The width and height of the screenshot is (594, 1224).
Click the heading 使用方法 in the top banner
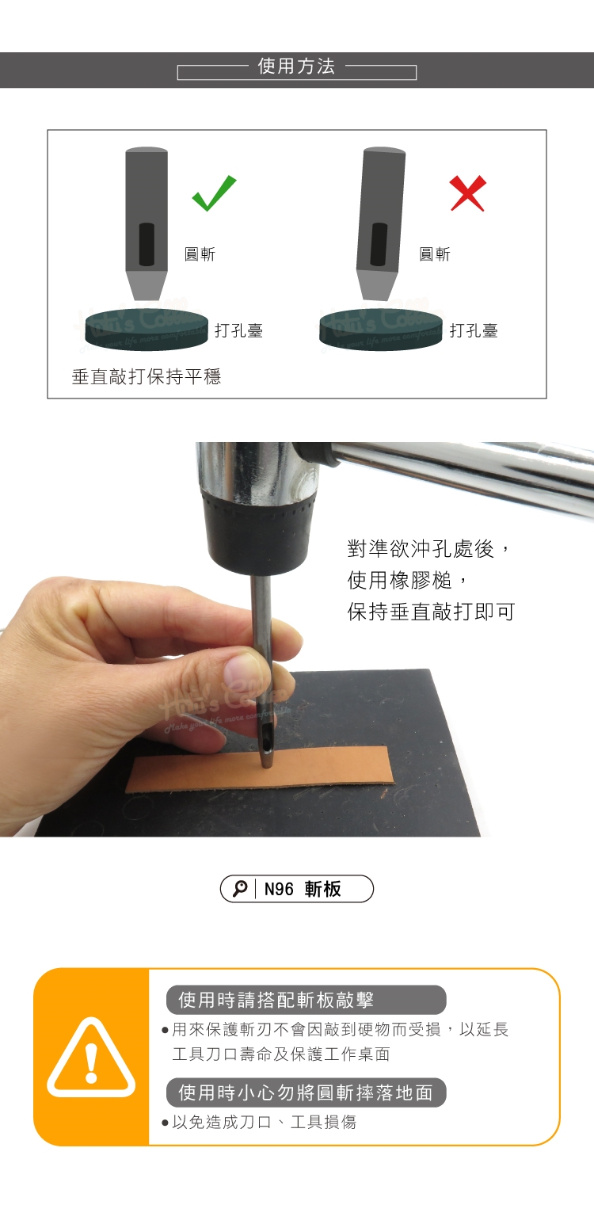coord(296,66)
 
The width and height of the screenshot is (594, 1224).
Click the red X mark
coord(468,193)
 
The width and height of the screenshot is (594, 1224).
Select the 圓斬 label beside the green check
coord(200,254)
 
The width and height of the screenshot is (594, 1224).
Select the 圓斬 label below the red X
coord(435,254)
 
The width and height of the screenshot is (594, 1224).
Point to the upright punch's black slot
coord(146,244)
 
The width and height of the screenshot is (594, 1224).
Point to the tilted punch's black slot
coord(379,244)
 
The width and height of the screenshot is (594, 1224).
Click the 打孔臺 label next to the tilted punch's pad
coord(474,330)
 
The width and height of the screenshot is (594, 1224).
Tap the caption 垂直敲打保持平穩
coord(147,376)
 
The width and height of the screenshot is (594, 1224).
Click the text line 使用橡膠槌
coord(399,580)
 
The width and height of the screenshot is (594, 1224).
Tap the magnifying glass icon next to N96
coord(240,889)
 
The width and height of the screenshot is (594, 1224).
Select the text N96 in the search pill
coord(279,889)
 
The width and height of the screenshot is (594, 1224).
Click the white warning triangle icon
coord(91,1058)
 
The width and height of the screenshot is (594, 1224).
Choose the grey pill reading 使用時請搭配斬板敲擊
coord(306,1000)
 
